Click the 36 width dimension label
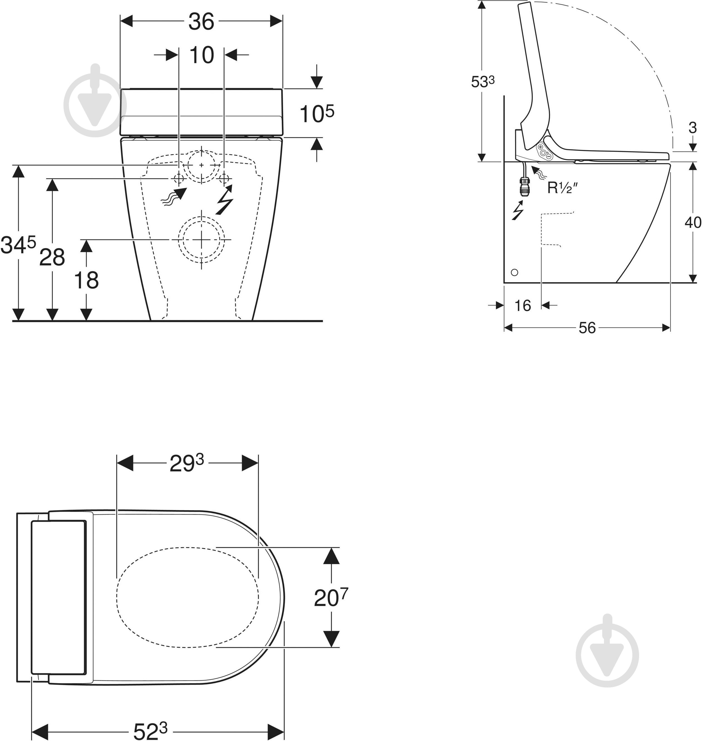(201, 22)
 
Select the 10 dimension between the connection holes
(202, 55)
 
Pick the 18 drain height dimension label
(86, 280)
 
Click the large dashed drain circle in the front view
(202, 239)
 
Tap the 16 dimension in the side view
(522, 305)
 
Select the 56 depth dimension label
(587, 328)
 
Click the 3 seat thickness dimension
(692, 128)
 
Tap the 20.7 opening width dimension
(331, 598)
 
